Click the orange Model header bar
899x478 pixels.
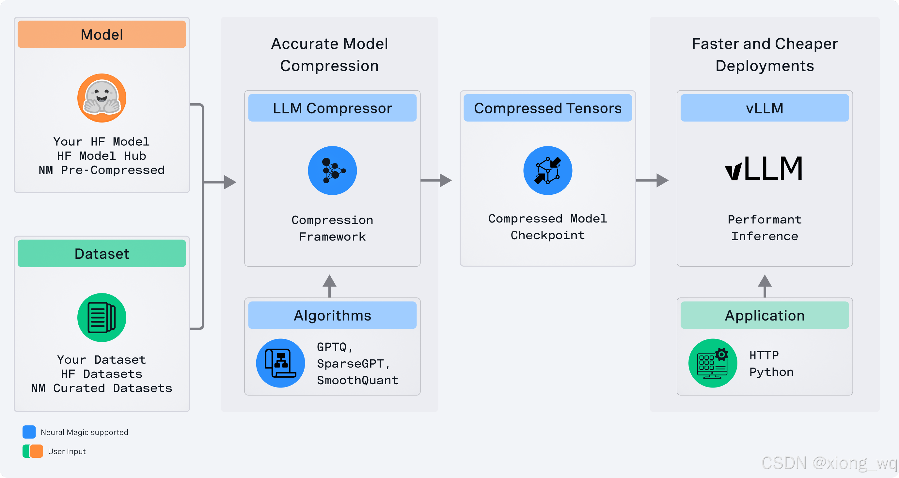(102, 34)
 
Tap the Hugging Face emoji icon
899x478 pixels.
(102, 98)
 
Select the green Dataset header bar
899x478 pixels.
(102, 253)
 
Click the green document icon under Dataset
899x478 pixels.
(102, 317)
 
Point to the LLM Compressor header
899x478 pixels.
(332, 108)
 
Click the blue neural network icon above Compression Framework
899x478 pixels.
(332, 171)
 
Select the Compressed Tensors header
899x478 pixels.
(547, 108)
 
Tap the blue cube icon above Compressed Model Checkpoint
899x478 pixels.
(547, 171)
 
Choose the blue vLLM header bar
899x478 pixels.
(764, 108)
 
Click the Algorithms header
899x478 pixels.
(332, 315)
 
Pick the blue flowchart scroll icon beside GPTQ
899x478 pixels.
(280, 363)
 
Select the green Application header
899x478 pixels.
(764, 315)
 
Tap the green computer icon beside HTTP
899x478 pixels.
(712, 363)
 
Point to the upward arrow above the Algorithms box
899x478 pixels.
(329, 285)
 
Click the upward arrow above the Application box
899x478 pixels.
(764, 285)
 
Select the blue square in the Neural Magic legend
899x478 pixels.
(29, 432)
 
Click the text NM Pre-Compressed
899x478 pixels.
(102, 170)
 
